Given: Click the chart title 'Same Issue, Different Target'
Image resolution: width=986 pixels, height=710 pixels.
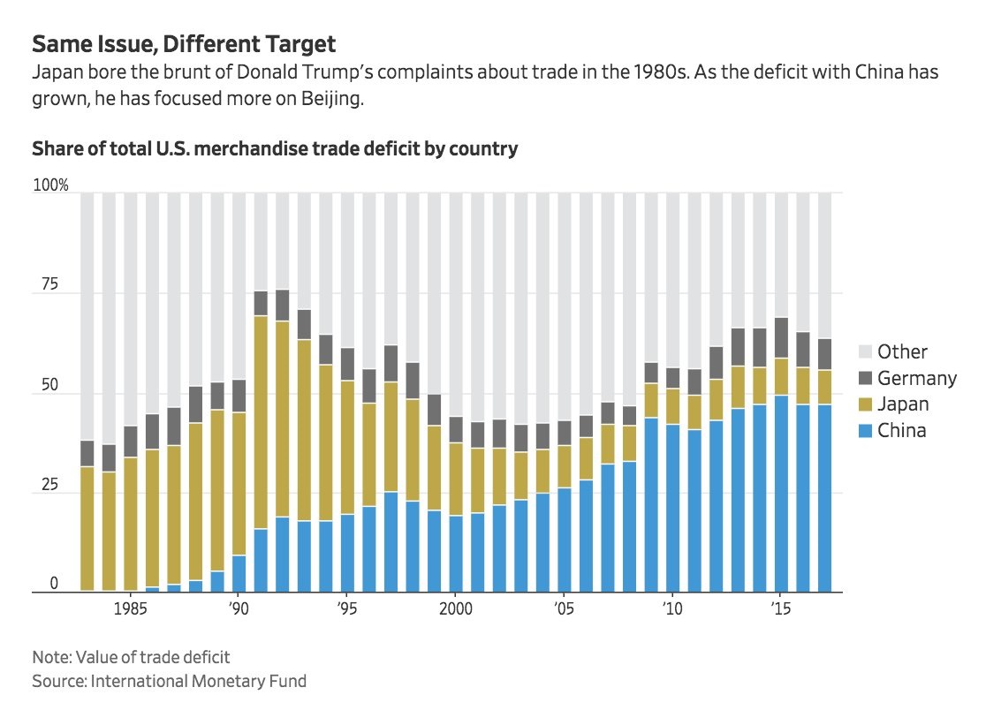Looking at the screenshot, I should (184, 44).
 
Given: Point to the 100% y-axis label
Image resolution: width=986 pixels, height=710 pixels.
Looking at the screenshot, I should (49, 186).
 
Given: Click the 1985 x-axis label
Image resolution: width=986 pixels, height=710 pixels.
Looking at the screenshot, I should (130, 609).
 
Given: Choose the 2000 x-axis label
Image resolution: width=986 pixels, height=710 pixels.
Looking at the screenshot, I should (454, 609).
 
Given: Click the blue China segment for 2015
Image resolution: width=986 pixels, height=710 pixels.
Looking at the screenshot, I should (780, 495).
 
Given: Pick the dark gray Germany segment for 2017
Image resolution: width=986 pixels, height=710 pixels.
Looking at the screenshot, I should (823, 354).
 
